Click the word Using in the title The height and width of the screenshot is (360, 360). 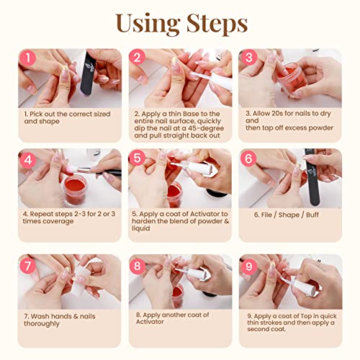[147, 23]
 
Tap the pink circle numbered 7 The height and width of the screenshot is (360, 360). [27, 265]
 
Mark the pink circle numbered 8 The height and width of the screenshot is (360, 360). [139, 265]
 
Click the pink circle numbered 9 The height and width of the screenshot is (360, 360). [248, 265]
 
